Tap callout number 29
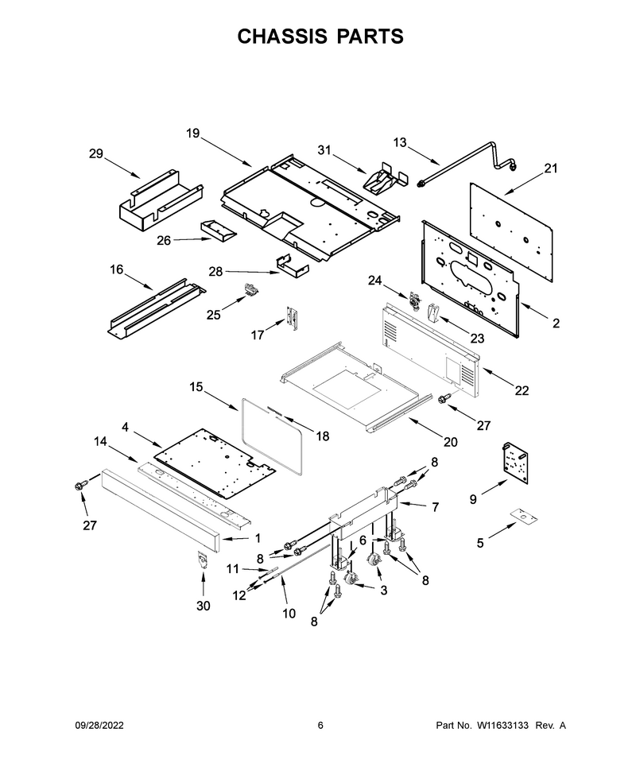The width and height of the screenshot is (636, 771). tap(96, 154)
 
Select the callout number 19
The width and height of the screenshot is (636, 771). tap(193, 134)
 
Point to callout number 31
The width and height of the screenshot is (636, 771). tap(324, 149)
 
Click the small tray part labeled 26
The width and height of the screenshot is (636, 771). tap(218, 230)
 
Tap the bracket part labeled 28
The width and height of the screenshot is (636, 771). tap(292, 265)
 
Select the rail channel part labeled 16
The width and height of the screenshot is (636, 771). tap(157, 308)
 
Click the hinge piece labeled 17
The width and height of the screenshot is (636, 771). tap(293, 318)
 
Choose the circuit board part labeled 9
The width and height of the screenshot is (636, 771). tap(514, 463)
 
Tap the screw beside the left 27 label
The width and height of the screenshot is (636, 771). tap(79, 486)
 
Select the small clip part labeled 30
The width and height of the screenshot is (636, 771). tap(202, 560)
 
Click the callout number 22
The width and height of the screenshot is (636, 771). tap(522, 390)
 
